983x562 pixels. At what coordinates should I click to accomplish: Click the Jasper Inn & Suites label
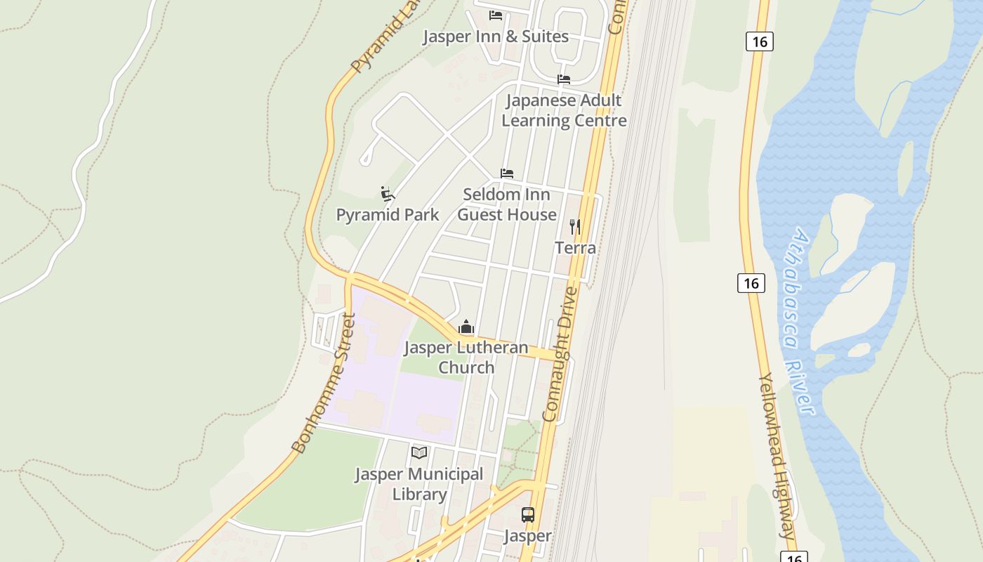click(495, 37)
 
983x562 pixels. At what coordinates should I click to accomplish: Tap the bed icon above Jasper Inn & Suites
click(496, 15)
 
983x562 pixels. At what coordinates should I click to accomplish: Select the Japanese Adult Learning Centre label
click(564, 110)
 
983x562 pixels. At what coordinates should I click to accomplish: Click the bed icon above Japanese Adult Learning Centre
click(564, 79)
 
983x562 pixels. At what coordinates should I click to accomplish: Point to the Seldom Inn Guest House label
click(507, 204)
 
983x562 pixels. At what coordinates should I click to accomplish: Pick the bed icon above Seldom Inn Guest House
click(507, 173)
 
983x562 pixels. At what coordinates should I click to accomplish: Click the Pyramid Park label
click(388, 215)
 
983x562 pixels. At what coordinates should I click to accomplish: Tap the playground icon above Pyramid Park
click(387, 193)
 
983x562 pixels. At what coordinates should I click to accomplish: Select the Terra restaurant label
click(575, 248)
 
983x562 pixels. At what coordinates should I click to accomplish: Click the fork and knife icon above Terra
click(575, 226)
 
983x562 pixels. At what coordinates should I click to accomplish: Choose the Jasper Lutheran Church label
click(466, 358)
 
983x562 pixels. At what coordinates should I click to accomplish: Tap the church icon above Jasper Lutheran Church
click(466, 327)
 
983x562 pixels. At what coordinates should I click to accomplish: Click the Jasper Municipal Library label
click(419, 484)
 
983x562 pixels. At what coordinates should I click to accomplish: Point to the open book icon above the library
click(419, 452)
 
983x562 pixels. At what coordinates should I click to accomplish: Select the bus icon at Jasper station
click(528, 515)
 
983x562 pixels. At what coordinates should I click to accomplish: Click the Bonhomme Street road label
click(324, 383)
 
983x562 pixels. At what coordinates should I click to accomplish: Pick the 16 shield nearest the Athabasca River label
click(751, 283)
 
